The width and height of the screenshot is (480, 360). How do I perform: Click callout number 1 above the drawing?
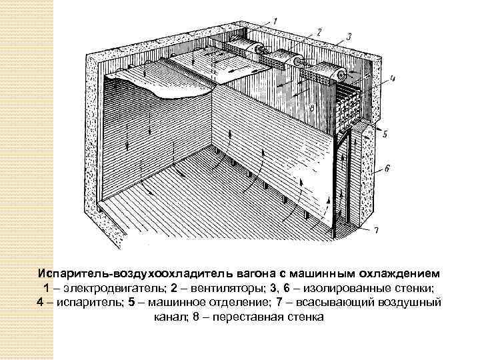coord(277,21)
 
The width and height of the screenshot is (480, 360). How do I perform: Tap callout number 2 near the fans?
coord(320,31)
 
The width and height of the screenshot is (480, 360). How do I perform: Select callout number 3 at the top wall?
coord(349,37)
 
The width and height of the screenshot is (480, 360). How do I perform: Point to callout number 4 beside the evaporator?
coord(393,78)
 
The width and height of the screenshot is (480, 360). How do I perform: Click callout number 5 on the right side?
coord(385,133)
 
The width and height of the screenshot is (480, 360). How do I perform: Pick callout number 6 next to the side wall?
coord(387,169)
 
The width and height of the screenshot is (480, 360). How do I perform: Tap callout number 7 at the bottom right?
coord(377,231)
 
